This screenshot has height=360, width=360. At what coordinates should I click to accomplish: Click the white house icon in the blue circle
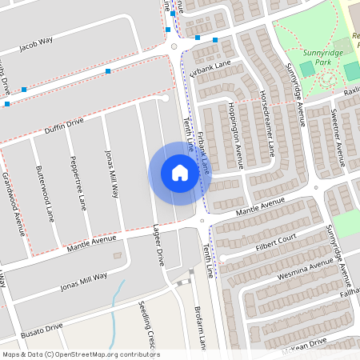point(180,172)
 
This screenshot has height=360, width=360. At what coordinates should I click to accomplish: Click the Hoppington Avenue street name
point(237,136)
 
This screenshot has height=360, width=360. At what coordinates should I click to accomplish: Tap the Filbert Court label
point(277,241)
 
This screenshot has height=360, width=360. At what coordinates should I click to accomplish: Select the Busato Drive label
point(42,328)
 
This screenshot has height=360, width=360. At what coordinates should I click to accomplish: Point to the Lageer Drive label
point(158,245)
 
